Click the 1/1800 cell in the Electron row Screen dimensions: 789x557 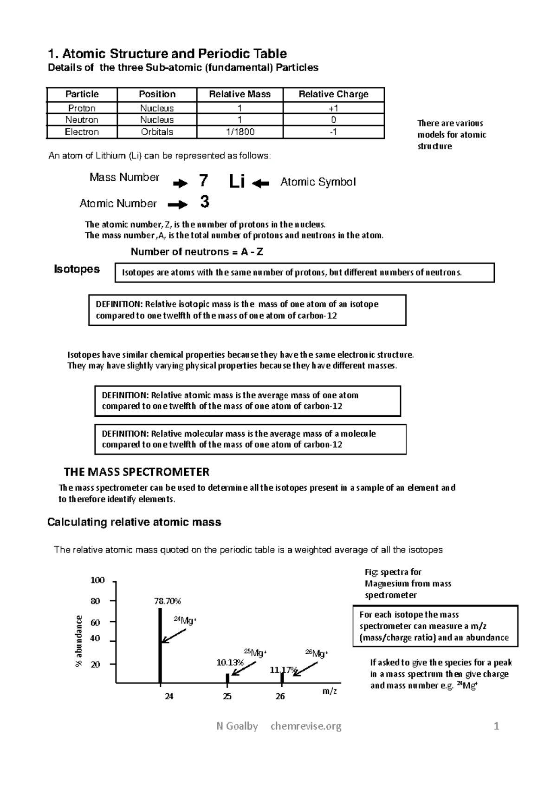click(240, 132)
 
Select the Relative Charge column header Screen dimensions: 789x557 click(333, 94)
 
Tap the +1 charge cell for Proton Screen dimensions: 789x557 click(333, 108)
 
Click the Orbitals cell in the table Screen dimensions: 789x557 click(157, 132)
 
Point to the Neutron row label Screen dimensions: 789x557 click(82, 120)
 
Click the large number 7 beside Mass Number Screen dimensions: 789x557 click(203, 181)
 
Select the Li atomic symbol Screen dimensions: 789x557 click(237, 182)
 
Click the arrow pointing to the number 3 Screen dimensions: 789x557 click(177, 204)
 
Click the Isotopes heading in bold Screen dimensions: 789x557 click(77, 269)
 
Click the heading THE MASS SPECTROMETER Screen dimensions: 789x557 click(136, 472)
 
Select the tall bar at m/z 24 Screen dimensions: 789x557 click(160, 646)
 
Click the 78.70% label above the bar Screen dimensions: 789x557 click(167, 601)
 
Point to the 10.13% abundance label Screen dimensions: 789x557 click(230, 662)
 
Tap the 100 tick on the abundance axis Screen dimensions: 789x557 click(97, 580)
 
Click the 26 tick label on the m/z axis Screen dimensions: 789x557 click(280, 696)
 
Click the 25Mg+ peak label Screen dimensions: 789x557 click(255, 653)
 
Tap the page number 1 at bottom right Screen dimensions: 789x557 click(496, 726)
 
